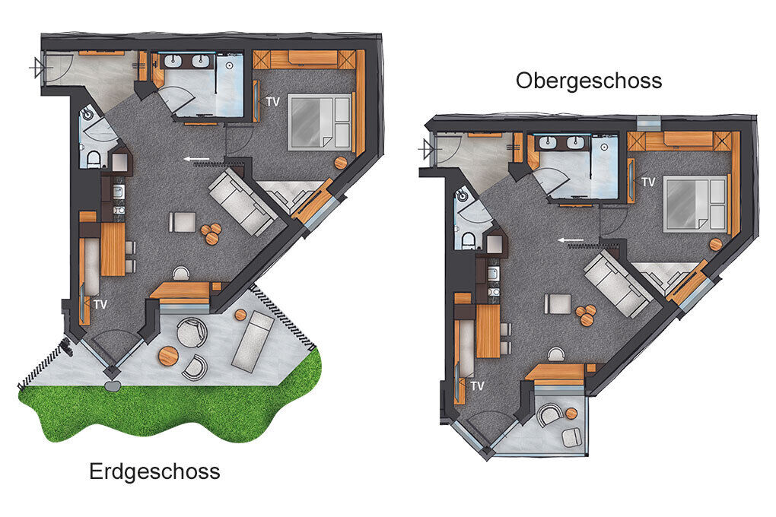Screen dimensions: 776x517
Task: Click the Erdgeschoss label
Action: click(154, 471)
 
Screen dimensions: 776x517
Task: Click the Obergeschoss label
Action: click(589, 81)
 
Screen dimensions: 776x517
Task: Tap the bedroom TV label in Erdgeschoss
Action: click(272, 101)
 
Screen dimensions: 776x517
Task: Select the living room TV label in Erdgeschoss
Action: click(100, 304)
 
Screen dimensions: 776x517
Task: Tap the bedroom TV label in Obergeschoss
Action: click(648, 182)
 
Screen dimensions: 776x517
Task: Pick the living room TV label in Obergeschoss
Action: click(477, 386)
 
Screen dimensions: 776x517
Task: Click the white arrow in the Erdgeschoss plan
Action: click(196, 159)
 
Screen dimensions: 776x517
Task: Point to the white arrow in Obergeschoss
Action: click(571, 240)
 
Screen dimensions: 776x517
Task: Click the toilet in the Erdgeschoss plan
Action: click(93, 160)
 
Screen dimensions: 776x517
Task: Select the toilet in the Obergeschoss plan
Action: click(468, 241)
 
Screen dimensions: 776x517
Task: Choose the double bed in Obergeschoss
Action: click(695, 203)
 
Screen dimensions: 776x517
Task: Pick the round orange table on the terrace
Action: click(168, 355)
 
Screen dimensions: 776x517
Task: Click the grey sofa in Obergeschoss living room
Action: click(617, 284)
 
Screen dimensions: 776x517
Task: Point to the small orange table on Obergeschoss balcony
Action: click(571, 413)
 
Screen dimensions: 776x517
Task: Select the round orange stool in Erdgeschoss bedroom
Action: click(341, 163)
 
